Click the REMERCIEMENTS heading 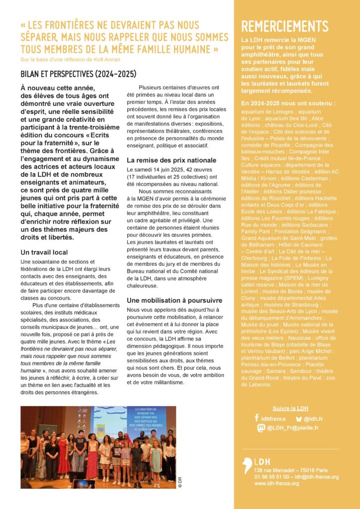[x=284, y=27]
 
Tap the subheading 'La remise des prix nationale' [x=171, y=160]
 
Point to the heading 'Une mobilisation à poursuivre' [x=174, y=300]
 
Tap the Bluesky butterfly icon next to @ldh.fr [x=298, y=419]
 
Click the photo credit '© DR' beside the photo [x=180, y=482]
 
